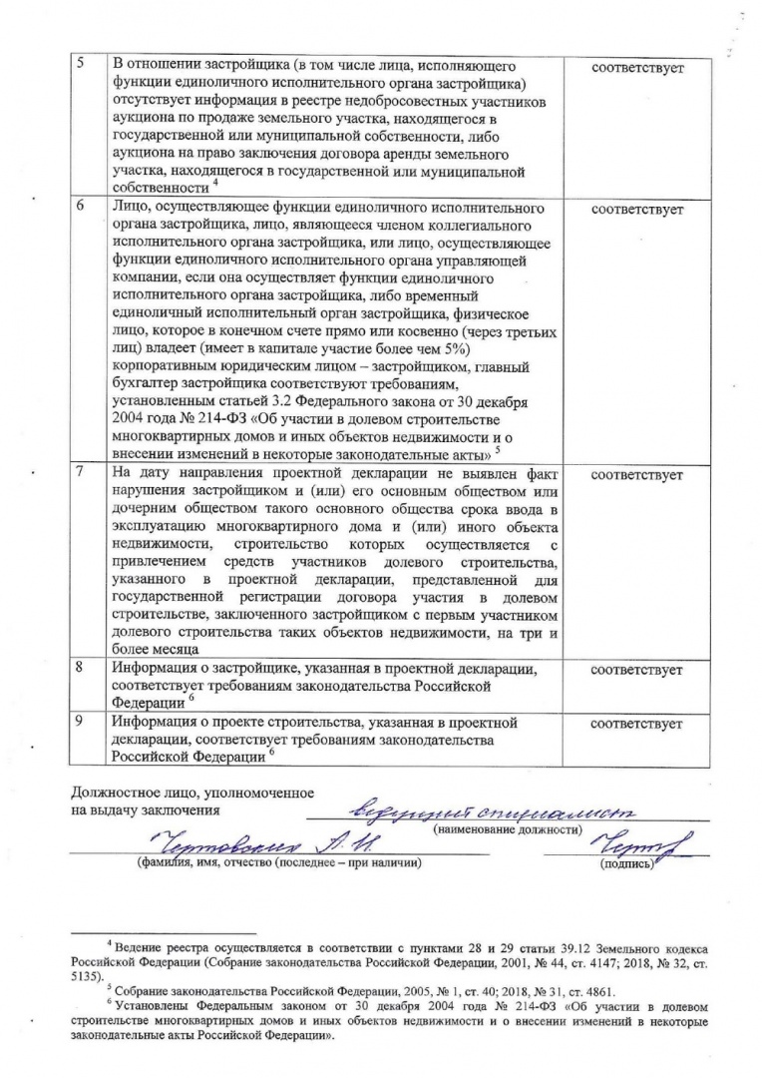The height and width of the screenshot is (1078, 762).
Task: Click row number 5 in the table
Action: (x=84, y=64)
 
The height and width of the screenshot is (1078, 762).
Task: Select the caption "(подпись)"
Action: (x=624, y=864)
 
